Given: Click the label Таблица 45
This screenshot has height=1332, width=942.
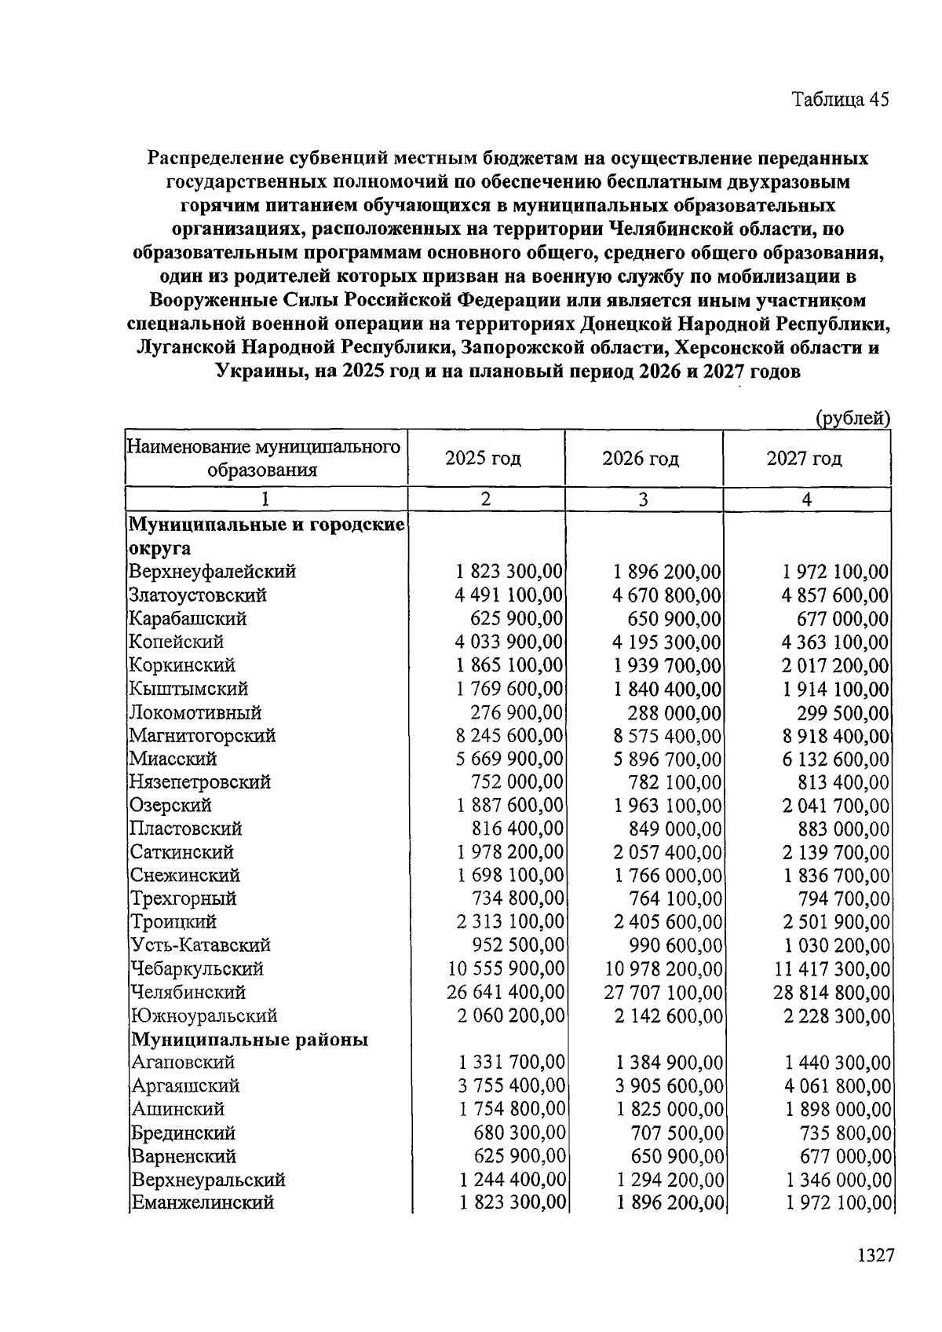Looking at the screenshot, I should (839, 100).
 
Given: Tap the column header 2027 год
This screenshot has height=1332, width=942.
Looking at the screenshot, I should (805, 459).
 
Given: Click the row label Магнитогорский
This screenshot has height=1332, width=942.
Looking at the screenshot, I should (203, 736).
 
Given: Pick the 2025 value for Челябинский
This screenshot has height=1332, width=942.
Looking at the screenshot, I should (505, 993).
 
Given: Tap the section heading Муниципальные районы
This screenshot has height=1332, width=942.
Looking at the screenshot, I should (250, 1040).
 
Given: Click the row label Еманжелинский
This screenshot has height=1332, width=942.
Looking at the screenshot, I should (203, 1202).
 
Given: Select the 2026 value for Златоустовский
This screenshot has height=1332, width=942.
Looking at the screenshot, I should (666, 595).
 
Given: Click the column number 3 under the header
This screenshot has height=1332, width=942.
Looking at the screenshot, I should (643, 499).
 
